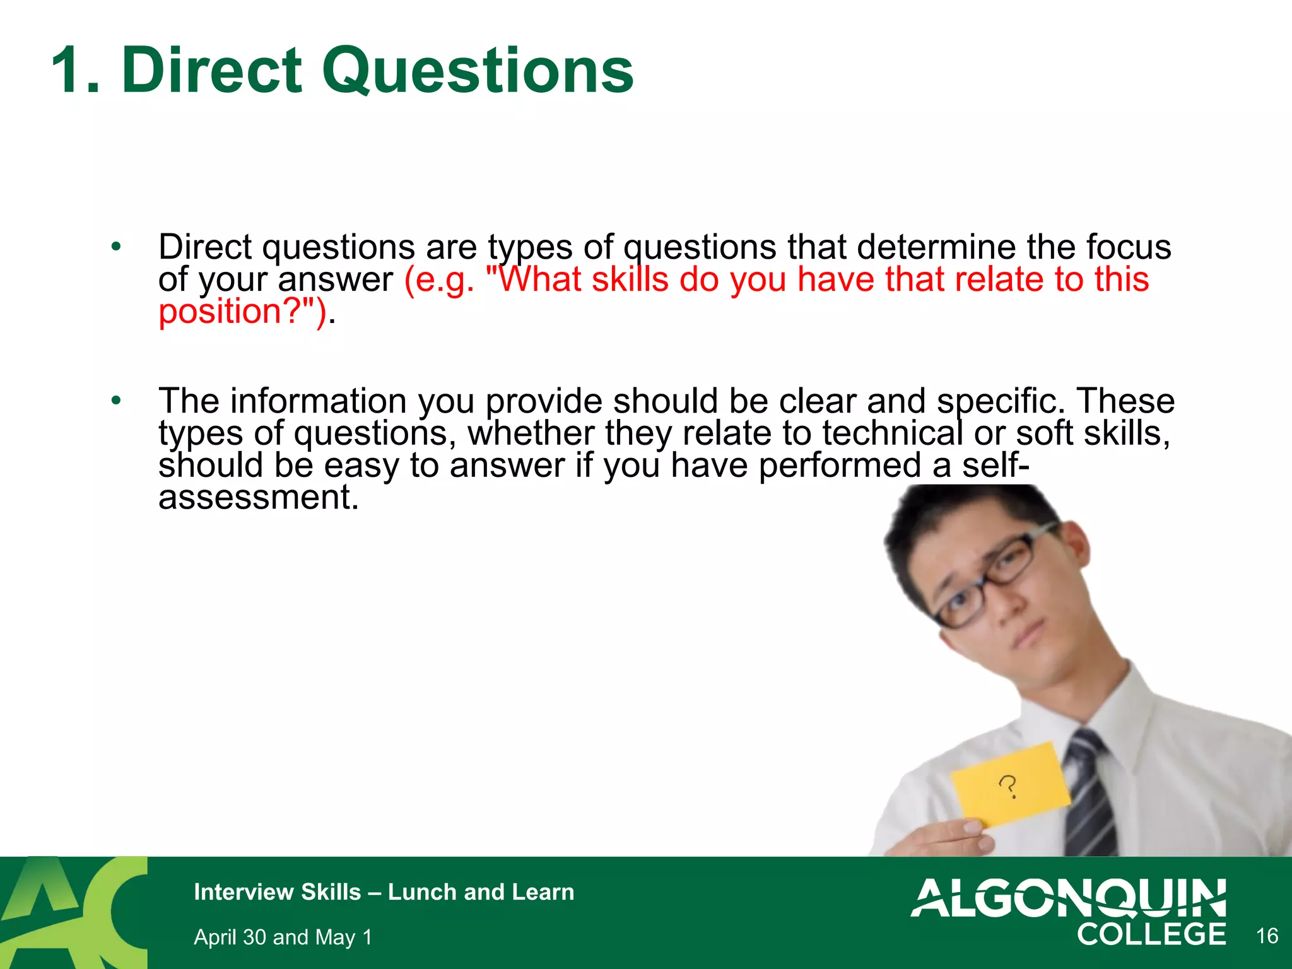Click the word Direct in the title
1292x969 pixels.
pos(212,71)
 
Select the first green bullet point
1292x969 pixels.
pos(115,247)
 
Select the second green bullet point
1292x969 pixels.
pos(115,401)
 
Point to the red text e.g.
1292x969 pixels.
pos(439,280)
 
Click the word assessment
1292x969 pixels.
pos(258,498)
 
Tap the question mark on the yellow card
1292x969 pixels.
pos(1008,787)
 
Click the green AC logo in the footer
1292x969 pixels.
pos(73,912)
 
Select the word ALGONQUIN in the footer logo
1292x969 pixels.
pos(1068,898)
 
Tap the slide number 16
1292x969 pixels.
pos(1267,936)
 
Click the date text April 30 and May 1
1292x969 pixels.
pos(283,937)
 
